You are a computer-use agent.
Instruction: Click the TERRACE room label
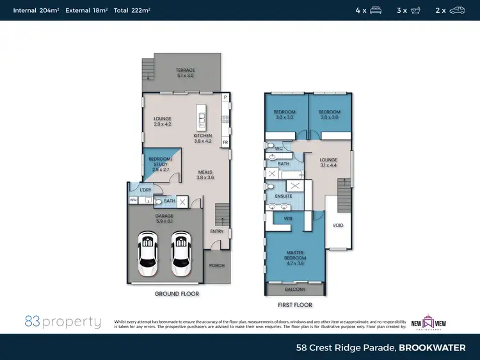click(x=185, y=70)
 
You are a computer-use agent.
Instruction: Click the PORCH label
click(x=217, y=265)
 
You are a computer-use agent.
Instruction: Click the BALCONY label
click(x=294, y=289)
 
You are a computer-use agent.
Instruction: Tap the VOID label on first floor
click(x=338, y=225)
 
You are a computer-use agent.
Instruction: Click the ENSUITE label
click(x=284, y=196)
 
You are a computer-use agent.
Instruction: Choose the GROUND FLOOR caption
click(x=177, y=294)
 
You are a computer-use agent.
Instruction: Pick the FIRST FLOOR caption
click(x=294, y=305)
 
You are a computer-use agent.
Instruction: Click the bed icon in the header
click(x=376, y=10)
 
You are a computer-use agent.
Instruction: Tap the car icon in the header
click(x=457, y=10)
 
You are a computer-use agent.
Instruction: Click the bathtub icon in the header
click(x=417, y=10)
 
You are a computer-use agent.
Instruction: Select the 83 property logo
click(x=63, y=322)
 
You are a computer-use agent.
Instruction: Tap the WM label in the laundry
click(x=133, y=200)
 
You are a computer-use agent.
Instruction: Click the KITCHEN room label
click(x=203, y=136)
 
